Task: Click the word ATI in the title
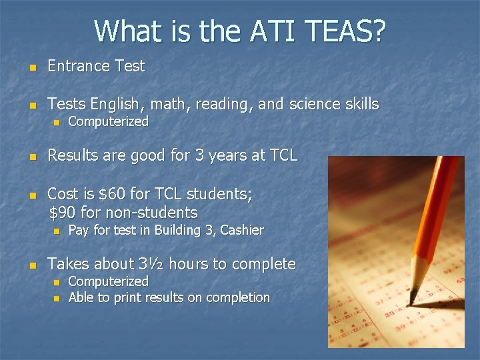[273, 31]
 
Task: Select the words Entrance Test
[96, 66]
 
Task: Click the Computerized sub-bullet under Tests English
[108, 121]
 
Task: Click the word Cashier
[242, 231]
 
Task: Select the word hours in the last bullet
[189, 264]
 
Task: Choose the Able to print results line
[169, 297]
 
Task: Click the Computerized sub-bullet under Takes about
[108, 281]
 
